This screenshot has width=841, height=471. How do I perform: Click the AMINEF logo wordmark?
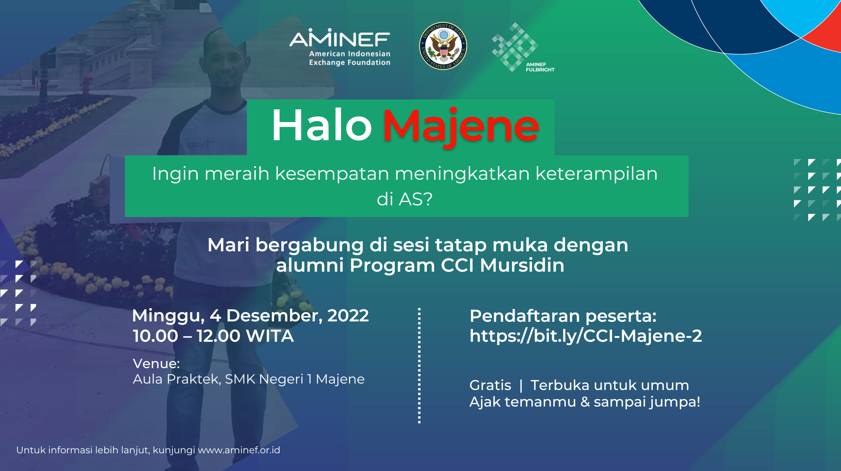(340, 38)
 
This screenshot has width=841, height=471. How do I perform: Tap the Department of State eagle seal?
(443, 46)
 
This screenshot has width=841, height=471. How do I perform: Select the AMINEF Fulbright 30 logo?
(523, 47)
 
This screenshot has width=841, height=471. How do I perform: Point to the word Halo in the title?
(322, 125)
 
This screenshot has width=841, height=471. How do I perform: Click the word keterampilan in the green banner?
(596, 174)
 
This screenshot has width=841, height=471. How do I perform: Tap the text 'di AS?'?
(405, 199)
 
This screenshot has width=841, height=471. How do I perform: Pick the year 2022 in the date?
(348, 316)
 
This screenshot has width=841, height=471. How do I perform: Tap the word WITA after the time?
(270, 336)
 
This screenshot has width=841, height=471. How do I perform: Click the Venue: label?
(156, 364)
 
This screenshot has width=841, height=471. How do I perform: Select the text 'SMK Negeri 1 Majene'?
(295, 379)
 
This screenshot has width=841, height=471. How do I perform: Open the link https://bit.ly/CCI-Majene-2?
(586, 336)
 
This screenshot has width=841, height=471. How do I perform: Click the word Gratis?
(490, 385)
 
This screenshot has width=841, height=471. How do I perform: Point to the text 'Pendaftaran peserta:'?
(563, 316)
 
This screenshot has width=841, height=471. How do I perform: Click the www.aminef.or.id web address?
(239, 450)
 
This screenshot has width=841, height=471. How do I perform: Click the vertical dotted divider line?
(419, 365)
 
